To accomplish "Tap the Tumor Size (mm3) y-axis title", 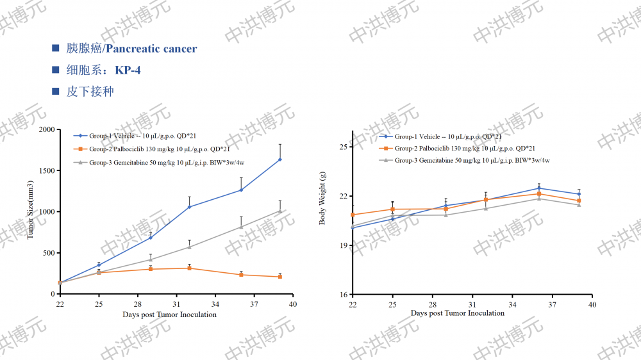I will (29, 212).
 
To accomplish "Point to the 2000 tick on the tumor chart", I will (46, 130).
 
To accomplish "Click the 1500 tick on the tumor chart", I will (46, 171).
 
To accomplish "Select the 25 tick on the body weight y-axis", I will (342, 147).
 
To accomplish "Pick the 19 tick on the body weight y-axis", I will (342, 246).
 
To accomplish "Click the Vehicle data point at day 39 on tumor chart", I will (280, 160).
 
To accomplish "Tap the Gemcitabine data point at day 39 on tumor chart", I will (280, 211).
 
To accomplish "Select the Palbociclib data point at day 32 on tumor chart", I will (189, 268).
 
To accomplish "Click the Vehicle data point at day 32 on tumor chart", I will (189, 207).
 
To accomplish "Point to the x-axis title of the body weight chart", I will (457, 313).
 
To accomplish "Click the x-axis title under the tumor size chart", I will (169, 315).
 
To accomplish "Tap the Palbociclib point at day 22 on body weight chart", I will (353, 215).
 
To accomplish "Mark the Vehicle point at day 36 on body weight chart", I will (539, 188).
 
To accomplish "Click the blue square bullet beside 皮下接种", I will (56, 92).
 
